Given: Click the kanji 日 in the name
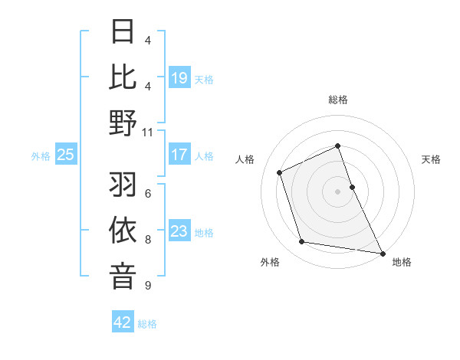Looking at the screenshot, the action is coord(123,32).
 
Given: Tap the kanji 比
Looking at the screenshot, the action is coord(123,77).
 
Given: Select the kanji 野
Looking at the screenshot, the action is coord(123,123).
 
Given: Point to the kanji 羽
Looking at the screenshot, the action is coord(123,185).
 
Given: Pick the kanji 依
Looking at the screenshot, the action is coord(123,231).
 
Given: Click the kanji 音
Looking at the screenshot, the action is coord(123,276).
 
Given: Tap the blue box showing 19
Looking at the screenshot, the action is coord(179,78).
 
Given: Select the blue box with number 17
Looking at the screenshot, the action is coord(179,155).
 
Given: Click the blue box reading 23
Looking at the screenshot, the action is coord(179,231).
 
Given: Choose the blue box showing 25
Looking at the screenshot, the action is coord(65,155).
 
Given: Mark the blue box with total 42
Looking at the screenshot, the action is coord(123,322).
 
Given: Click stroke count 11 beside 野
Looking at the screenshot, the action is coord(147,132).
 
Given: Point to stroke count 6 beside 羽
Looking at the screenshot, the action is coord(147,194).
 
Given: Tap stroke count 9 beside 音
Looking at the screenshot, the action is coord(147,286).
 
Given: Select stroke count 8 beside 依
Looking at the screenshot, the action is coord(147,240).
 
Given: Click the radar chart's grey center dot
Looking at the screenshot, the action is coord(337,191).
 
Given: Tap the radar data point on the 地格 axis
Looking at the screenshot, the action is coord(381,252).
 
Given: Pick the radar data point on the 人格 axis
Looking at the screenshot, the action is coord(280,172).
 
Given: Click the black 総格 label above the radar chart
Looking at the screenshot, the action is coord(337,100).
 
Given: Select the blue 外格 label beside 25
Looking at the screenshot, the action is coord(41,156).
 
